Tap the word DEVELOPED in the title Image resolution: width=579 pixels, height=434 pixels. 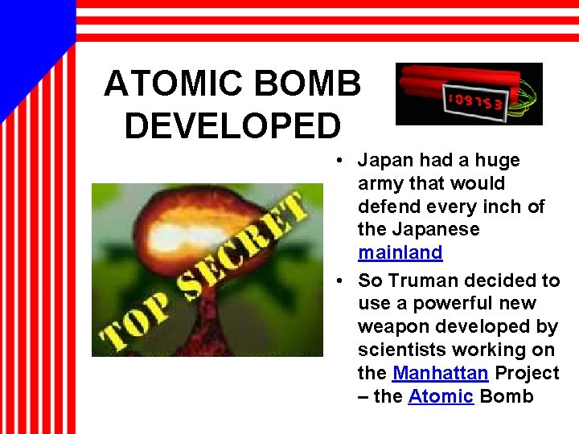pos(232,126)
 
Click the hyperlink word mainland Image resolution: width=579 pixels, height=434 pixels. pos(400,252)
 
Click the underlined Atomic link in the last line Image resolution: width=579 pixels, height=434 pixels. pos(441,396)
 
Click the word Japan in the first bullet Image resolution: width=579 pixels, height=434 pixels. pos(386,161)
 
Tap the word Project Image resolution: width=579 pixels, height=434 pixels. pos(527,374)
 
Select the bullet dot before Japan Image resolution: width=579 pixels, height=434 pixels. pos(342,161)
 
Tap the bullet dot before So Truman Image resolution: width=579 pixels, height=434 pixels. pos(342,280)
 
